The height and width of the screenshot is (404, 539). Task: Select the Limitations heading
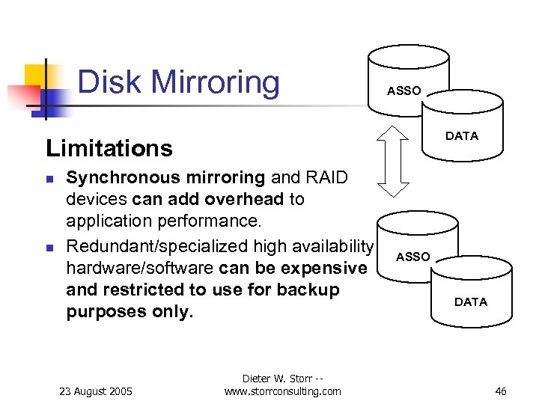pyautogui.click(x=109, y=148)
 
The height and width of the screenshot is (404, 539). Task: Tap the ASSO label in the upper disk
pyautogui.click(x=404, y=91)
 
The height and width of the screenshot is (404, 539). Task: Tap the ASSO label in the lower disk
pyautogui.click(x=412, y=257)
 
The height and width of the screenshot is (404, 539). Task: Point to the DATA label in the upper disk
pyautogui.click(x=461, y=135)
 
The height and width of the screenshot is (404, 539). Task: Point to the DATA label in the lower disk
pyautogui.click(x=470, y=302)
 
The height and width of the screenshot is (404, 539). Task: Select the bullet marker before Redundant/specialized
pyautogui.click(x=49, y=248)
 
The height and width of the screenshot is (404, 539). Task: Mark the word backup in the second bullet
pyautogui.click(x=311, y=290)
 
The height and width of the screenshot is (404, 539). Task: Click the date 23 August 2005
pyautogui.click(x=95, y=391)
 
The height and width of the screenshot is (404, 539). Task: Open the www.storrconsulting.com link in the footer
pyautogui.click(x=282, y=391)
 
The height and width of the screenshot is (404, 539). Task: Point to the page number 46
pyautogui.click(x=501, y=391)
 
